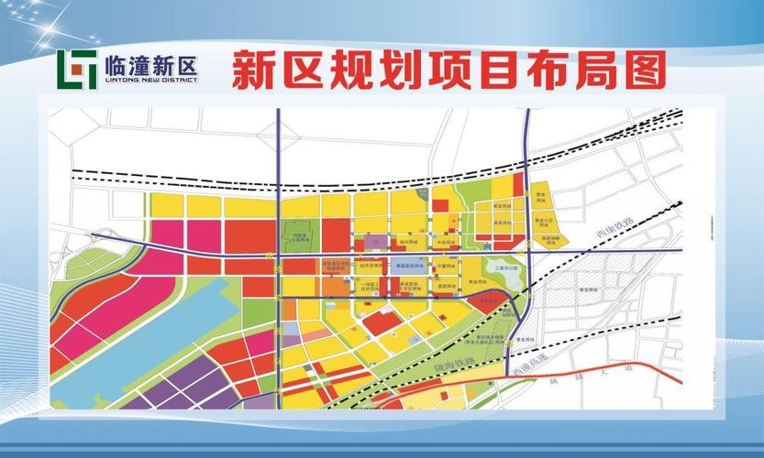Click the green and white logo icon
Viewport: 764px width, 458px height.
(x=77, y=68)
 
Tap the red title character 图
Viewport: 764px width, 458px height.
(x=640, y=68)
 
